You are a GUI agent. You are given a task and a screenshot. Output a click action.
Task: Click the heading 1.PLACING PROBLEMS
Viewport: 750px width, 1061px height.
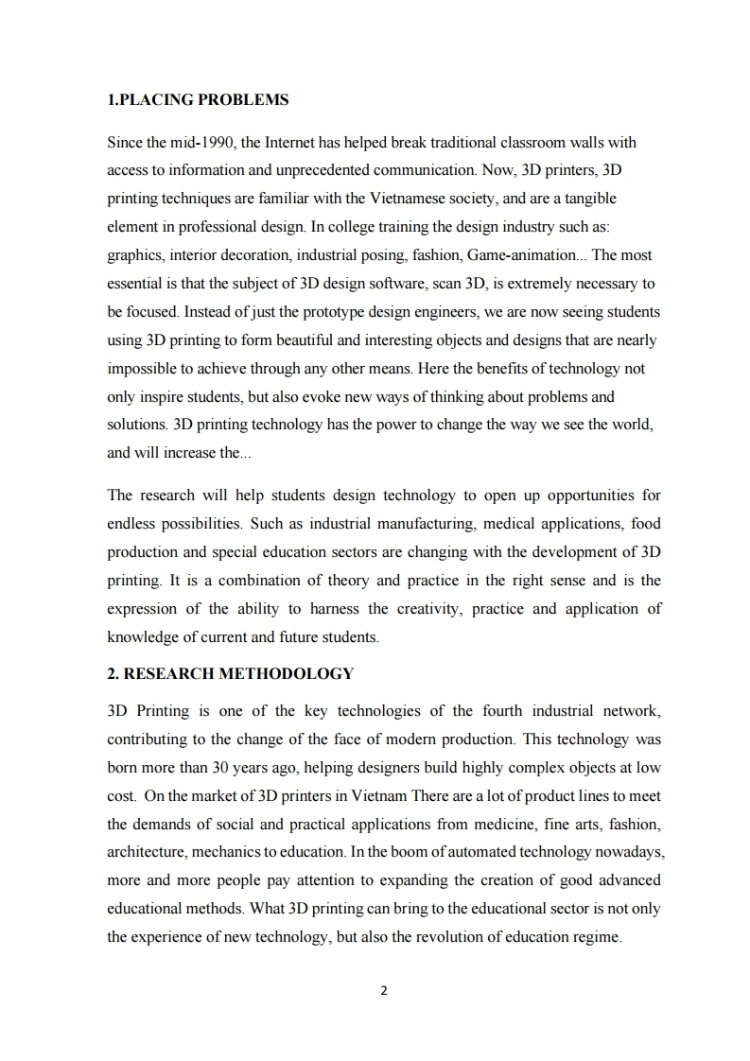tap(198, 99)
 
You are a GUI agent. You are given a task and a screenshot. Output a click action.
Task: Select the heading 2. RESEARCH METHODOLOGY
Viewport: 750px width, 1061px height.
tap(231, 673)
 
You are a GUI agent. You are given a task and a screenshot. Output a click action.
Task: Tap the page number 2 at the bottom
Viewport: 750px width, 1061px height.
tap(384, 991)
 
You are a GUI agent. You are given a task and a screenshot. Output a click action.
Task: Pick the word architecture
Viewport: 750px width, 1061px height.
tap(144, 852)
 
